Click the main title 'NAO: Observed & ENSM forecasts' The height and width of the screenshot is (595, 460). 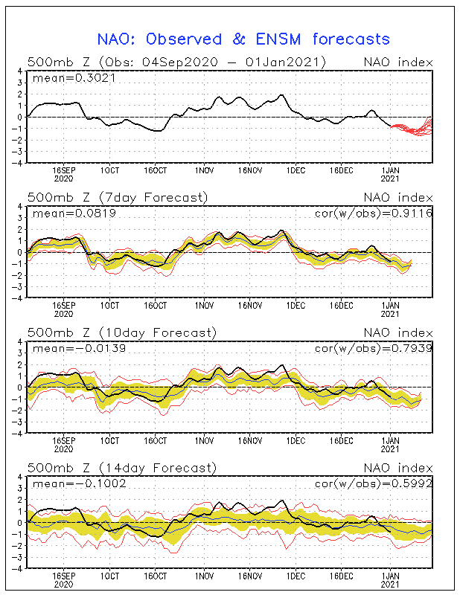coord(243,38)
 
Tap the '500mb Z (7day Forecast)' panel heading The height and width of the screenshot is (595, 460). coord(117,197)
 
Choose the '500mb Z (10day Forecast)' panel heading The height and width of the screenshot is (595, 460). coord(121,332)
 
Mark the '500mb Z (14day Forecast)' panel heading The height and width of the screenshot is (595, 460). coord(121,468)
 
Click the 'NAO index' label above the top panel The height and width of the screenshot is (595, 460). coord(397,62)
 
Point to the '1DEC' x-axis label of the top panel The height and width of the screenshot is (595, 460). coord(296,170)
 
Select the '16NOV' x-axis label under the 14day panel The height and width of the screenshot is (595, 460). coord(249,576)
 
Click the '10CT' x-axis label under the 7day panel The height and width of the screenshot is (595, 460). coord(110,306)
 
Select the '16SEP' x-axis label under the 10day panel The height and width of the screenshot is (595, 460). coord(64,441)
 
